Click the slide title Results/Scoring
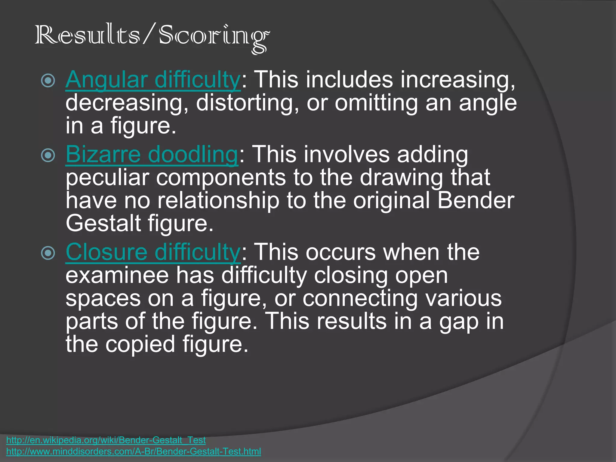(152, 36)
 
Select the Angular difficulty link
(153, 80)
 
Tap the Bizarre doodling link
(152, 154)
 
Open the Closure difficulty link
(153, 252)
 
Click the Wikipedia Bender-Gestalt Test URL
(106, 440)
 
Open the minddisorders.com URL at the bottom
(134, 451)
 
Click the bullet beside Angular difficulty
(48, 81)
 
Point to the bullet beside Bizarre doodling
(48, 155)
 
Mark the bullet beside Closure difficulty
(48, 253)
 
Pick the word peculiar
(107, 178)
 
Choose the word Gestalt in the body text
(103, 223)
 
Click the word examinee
(117, 276)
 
